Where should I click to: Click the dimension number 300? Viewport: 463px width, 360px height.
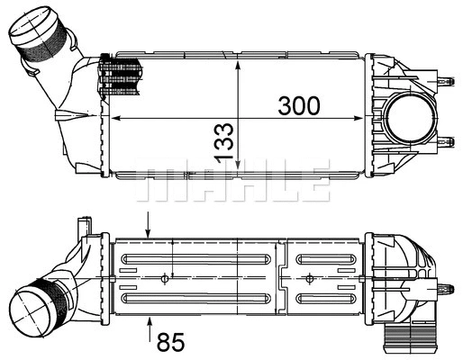[298, 105]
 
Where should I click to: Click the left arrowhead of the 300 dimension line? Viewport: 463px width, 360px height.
[113, 120]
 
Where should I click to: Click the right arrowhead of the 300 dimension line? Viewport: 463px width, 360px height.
[363, 120]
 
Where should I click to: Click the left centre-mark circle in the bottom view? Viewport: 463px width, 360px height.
[164, 278]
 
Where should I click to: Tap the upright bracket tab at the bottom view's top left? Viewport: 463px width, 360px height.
[84, 229]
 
